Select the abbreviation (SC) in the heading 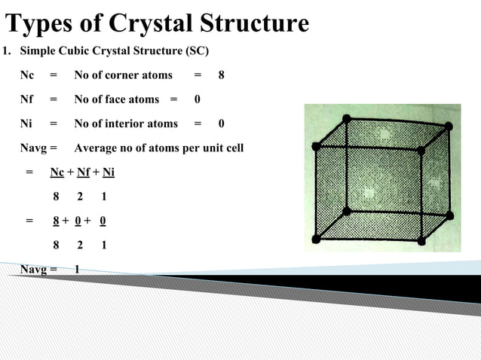click(195, 51)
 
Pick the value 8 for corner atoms click(221, 75)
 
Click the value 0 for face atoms click(198, 99)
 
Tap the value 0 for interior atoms click(221, 124)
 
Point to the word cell click(233, 148)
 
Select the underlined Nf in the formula click(84, 172)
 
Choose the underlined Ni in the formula click(109, 172)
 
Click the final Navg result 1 click(77, 269)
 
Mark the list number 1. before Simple click(7, 51)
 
